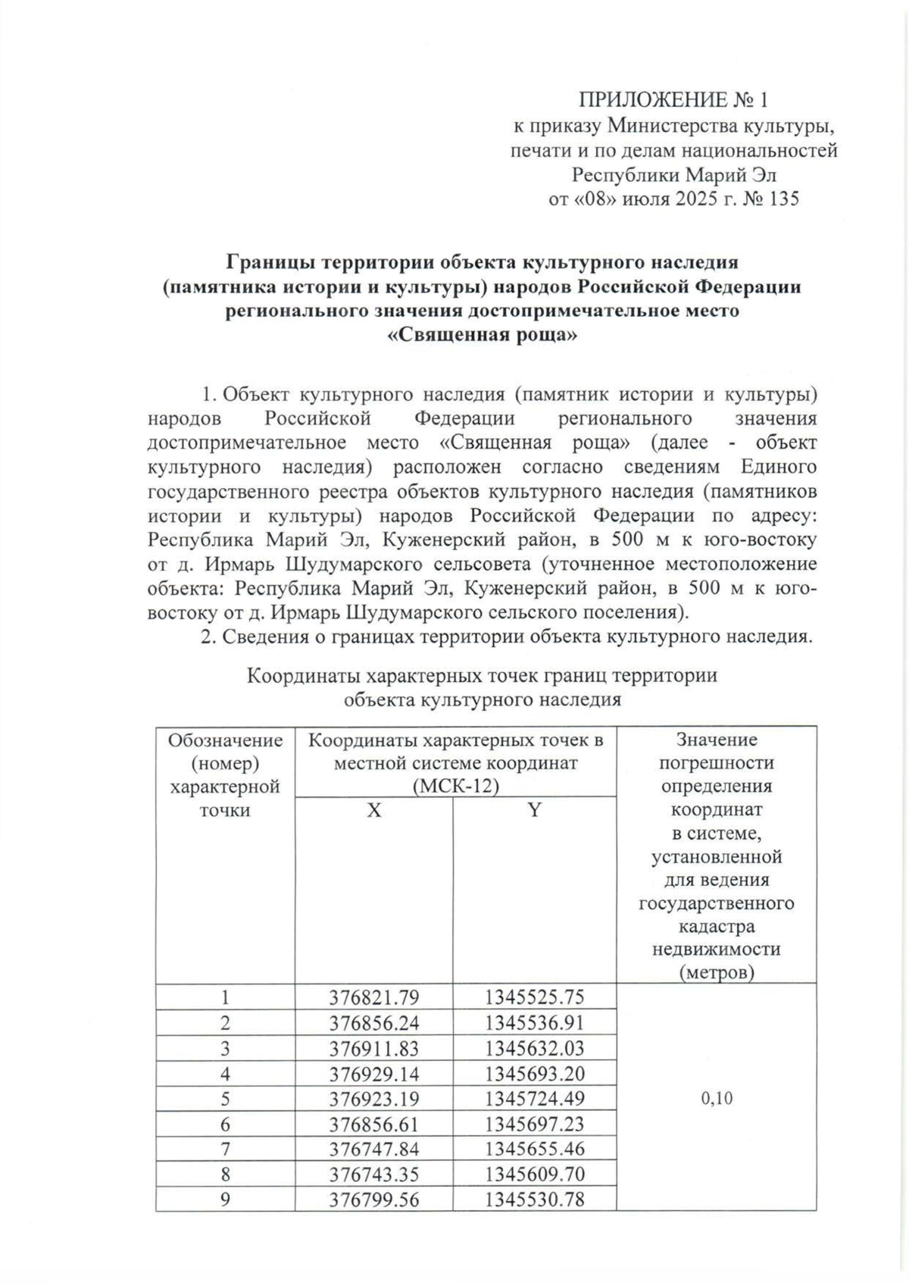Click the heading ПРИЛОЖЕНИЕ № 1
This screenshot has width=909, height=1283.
pos(673,100)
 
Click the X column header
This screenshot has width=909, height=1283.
pos(373,810)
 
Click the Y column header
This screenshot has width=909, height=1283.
pos(534,810)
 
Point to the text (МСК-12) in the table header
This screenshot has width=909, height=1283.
pos(455,787)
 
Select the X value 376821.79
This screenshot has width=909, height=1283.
pos(373,997)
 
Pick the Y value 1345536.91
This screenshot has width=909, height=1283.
pos(534,1023)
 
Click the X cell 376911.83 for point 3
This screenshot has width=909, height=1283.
pos(373,1048)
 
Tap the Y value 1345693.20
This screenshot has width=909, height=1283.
pos(534,1074)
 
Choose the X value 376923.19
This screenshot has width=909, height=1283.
pos(373,1099)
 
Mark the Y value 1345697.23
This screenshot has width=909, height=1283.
pos(534,1124)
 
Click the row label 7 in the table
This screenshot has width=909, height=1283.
pos(225,1149)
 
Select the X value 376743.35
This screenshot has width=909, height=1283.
pos(373,1175)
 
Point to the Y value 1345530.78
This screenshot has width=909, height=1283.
pos(534,1200)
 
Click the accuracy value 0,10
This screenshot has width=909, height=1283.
pos(717,1099)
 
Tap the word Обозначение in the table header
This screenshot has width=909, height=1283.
pos(225,740)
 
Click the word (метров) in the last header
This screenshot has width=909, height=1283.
pos(717,972)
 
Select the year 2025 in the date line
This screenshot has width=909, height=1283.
pos(689,200)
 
